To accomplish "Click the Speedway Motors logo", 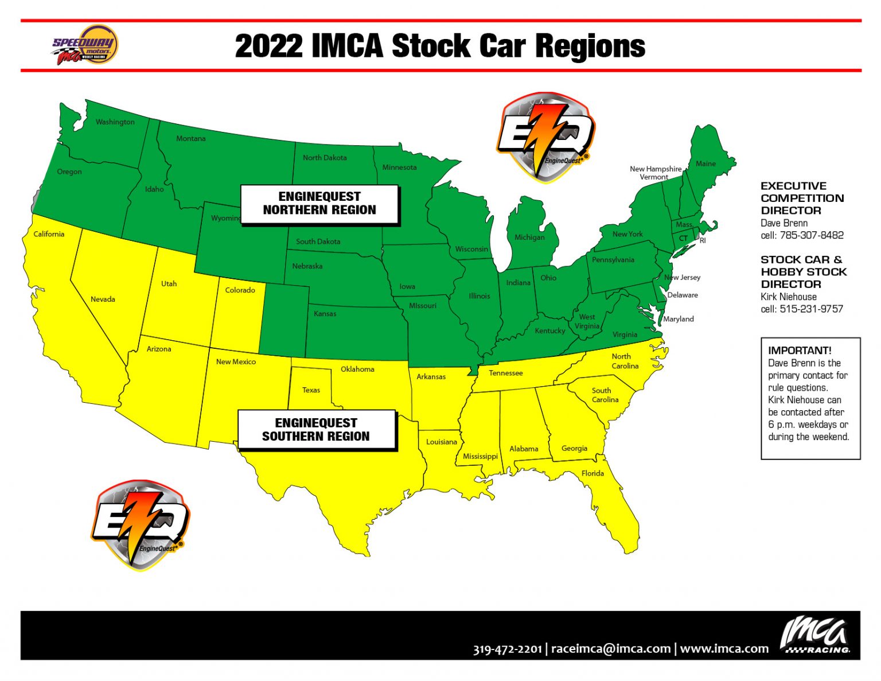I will [85, 45].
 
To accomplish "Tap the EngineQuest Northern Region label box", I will [319, 204].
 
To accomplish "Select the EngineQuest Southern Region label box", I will [316, 430].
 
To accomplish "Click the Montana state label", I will [190, 138].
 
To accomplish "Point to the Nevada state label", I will [103, 299].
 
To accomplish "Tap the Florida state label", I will [592, 473].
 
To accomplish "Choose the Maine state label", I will [705, 164].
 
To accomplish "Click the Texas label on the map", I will [311, 390].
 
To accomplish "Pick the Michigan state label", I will [529, 237].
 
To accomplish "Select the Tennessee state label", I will [505, 373].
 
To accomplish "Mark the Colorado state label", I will [240, 290].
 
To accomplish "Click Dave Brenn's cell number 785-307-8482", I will [811, 235].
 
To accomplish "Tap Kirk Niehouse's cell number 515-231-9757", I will [811, 309].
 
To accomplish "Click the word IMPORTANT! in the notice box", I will [799, 351].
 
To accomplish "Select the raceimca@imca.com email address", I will [611, 649].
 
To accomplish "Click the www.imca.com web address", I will [724, 649].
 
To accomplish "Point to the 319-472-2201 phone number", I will [507, 649].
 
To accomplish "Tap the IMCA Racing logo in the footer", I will [815, 636].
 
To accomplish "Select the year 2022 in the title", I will [268, 46].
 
